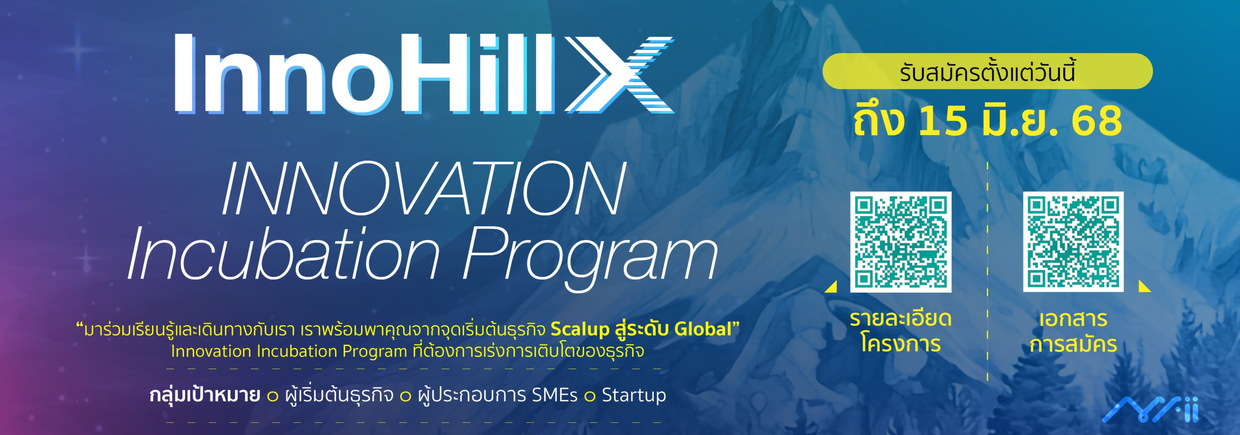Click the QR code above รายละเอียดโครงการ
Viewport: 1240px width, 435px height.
point(901,242)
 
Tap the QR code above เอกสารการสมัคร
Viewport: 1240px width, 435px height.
point(1073,242)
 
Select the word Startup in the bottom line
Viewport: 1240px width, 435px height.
point(634,395)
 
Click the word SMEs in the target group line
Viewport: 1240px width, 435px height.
point(554,395)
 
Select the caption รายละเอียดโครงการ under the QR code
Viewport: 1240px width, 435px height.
point(901,331)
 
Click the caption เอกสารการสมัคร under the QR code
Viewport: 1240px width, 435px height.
point(1073,331)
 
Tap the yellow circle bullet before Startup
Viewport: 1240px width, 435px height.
point(590,396)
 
